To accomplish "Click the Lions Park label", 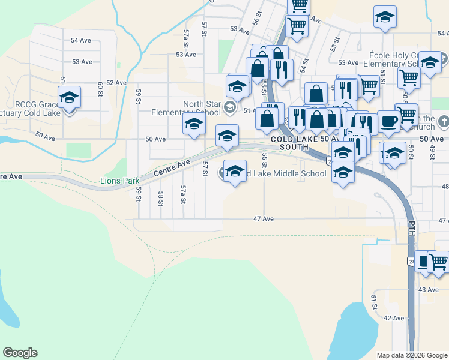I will [x=119, y=181].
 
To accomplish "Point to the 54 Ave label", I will [x=82, y=40].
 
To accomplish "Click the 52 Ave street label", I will [x=116, y=82].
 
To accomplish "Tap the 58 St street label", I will [x=161, y=199].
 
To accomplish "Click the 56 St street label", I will [x=256, y=17].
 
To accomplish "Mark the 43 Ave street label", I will [x=428, y=290].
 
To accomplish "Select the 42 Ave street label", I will [x=394, y=318].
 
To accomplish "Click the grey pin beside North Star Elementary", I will [x=229, y=108].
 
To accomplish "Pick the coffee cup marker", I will [x=388, y=122].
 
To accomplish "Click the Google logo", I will [x=20, y=353].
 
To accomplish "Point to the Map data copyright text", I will [x=412, y=355].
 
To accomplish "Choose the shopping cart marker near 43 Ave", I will [x=438, y=262].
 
